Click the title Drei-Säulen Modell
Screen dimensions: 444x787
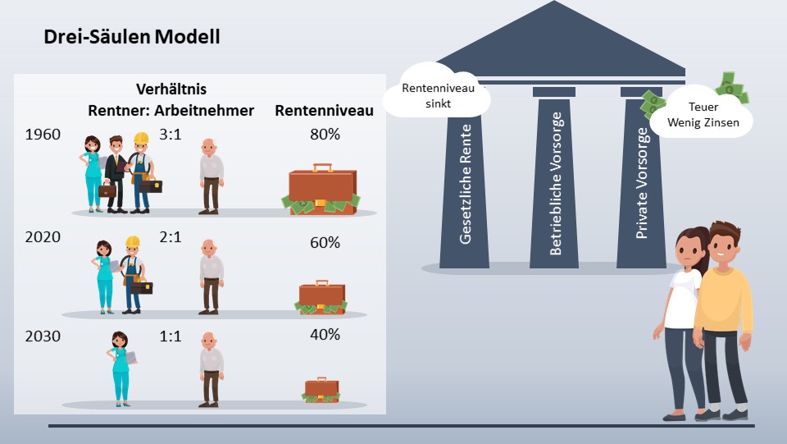[x=132, y=38]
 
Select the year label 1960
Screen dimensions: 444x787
[x=43, y=134]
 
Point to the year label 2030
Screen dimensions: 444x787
[x=43, y=336]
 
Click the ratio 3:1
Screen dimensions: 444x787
[x=171, y=134]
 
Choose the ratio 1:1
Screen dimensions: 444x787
[x=171, y=336]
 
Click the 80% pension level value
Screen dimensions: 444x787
[x=324, y=134]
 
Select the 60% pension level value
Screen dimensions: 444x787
[x=324, y=243]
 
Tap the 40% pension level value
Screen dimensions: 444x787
[x=324, y=336]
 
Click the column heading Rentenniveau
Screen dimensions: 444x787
[x=324, y=110]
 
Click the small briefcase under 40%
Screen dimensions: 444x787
[x=321, y=390]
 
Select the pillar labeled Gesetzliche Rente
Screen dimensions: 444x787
[x=465, y=181]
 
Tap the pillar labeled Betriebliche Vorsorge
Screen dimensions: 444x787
[x=555, y=181]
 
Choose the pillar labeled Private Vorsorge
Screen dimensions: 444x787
[x=642, y=181]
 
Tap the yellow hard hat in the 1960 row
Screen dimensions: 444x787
[x=141, y=138]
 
